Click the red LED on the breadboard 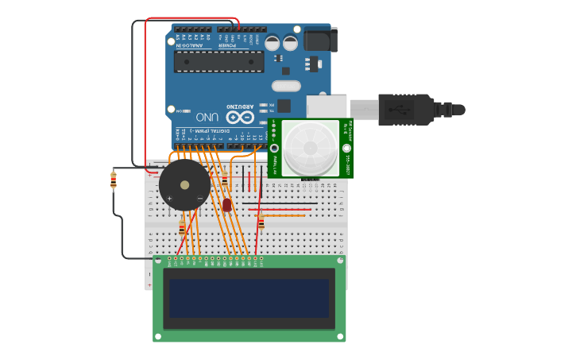coord(226,205)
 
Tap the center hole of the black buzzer coord(185,185)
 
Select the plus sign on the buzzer coord(169,198)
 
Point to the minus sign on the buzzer coord(199,198)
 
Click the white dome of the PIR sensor coord(310,148)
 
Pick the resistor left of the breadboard coord(114,181)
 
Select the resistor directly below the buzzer coord(182,228)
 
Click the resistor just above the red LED coord(225,180)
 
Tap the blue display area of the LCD coord(249,297)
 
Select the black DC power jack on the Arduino coord(319,39)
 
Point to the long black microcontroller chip coord(218,62)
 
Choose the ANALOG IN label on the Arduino coord(189,45)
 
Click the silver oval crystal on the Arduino coord(286,86)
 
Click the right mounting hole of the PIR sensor coord(346,149)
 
